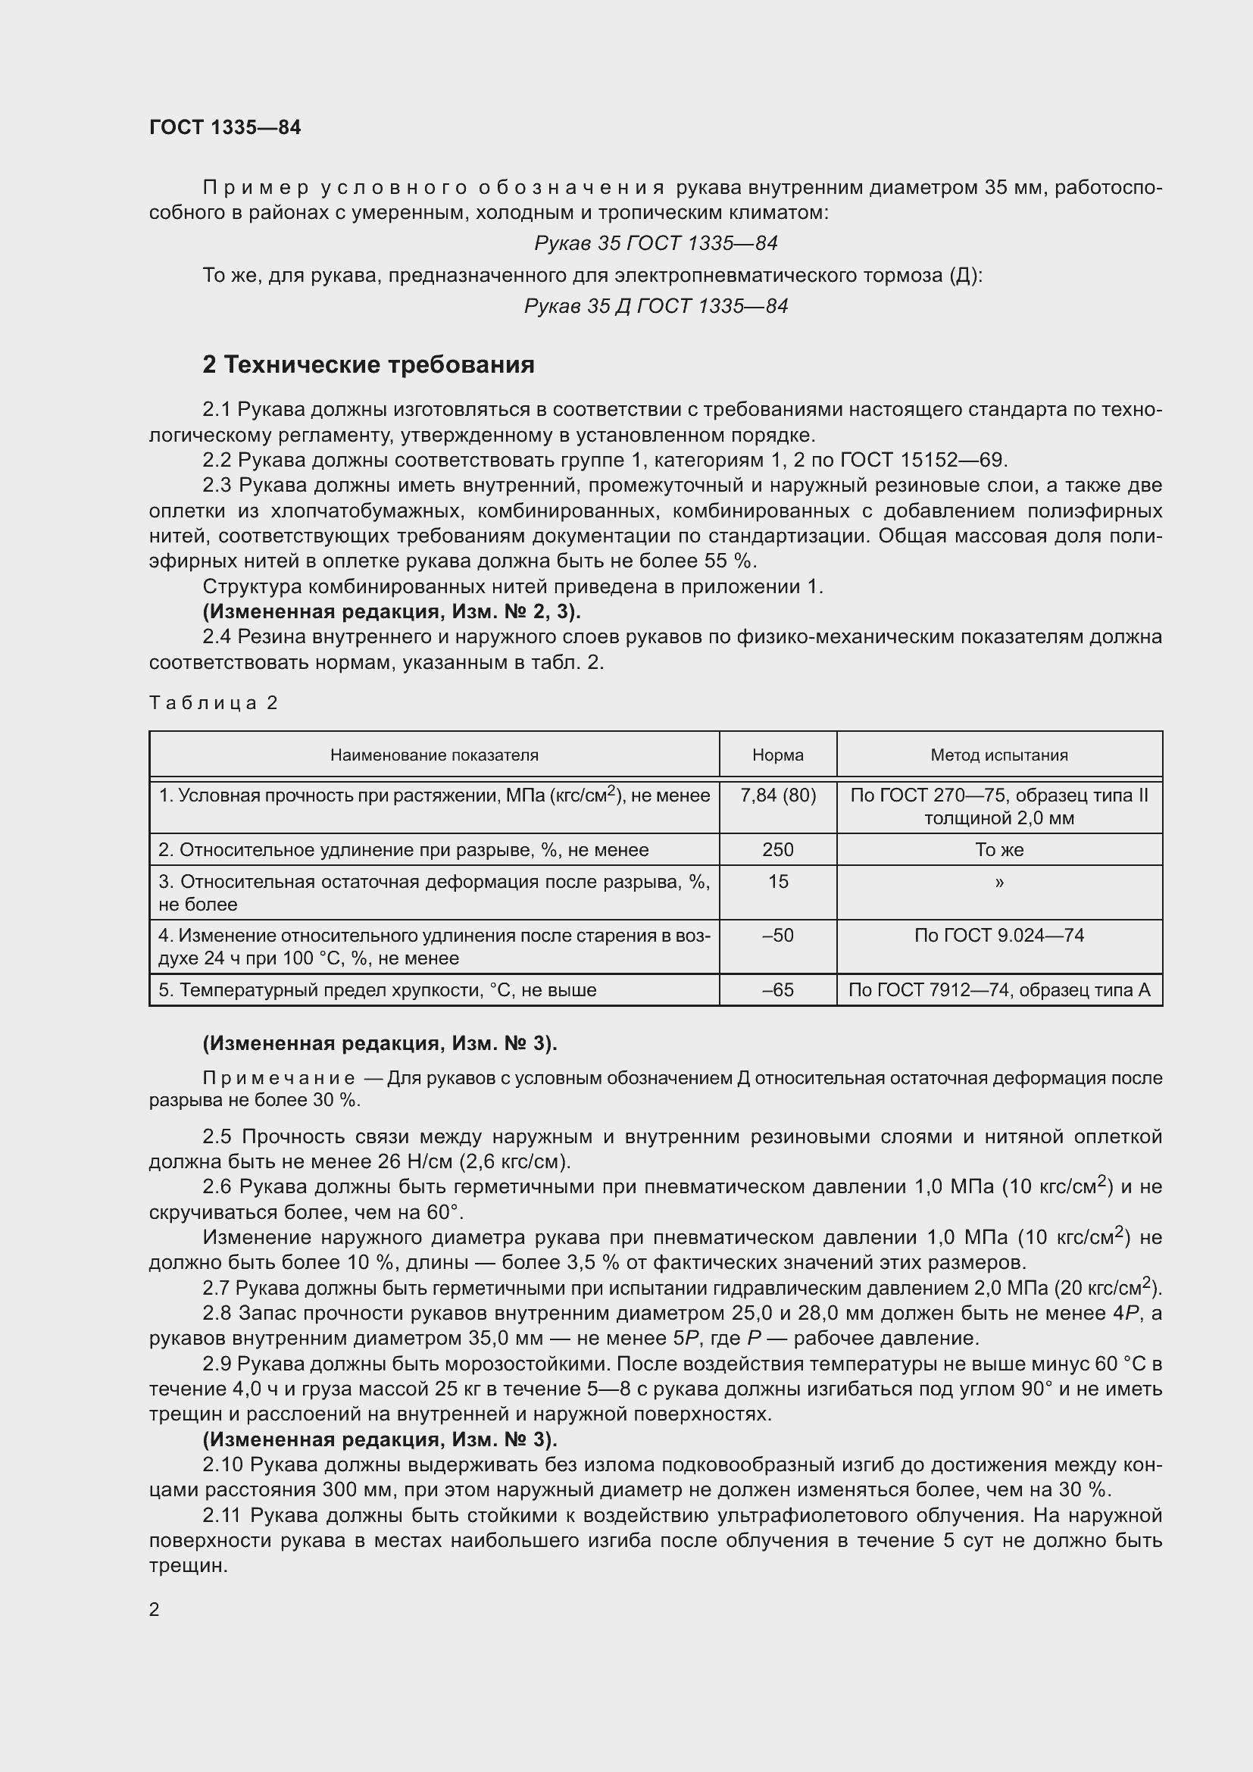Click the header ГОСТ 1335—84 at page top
(224, 127)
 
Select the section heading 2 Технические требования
(368, 364)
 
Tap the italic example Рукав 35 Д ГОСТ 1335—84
(656, 306)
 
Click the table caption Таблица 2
(213, 702)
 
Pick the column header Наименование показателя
(433, 755)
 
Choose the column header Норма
(778, 755)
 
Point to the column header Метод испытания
(999, 755)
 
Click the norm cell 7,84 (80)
(778, 795)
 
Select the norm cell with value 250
(778, 850)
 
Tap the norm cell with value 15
(778, 881)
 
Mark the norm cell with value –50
(778, 936)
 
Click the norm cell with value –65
(778, 990)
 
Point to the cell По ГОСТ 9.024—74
(999, 936)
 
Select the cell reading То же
(999, 850)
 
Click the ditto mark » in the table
(999, 881)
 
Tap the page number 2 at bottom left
(155, 1609)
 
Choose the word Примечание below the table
(280, 1078)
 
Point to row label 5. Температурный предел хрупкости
(377, 990)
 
